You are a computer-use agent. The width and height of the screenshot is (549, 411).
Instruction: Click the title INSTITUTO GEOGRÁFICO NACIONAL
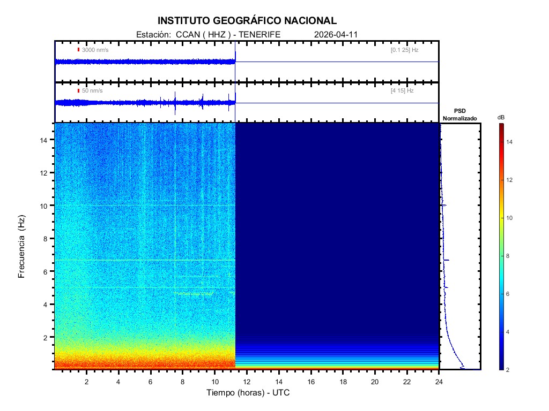[247, 21]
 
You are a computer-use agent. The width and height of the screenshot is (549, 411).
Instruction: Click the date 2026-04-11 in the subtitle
[336, 34]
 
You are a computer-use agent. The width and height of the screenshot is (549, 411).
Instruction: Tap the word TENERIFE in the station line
[259, 34]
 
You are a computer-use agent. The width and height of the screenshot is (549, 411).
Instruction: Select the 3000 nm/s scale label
[95, 50]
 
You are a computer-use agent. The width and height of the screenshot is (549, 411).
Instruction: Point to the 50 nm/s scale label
[92, 91]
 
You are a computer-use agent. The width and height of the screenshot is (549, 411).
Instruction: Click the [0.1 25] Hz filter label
[404, 50]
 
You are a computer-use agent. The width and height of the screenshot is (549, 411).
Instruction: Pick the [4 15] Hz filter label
[402, 91]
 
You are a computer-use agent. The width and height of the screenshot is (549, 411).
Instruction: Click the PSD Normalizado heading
[459, 115]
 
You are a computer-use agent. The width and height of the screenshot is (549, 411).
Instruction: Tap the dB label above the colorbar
[501, 117]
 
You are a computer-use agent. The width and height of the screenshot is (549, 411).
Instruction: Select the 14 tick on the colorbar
[510, 142]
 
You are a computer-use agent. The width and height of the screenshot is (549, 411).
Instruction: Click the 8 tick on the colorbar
[509, 256]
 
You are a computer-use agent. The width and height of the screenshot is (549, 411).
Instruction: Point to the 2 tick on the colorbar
[509, 370]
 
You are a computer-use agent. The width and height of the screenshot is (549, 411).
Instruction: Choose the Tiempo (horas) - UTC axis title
[248, 392]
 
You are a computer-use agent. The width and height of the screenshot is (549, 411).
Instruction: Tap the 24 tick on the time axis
[439, 381]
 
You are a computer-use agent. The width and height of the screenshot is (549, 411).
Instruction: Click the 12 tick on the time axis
[247, 381]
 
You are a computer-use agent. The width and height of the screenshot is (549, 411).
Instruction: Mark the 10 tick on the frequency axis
[45, 205]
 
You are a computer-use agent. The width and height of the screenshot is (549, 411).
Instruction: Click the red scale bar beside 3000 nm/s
[78, 50]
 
